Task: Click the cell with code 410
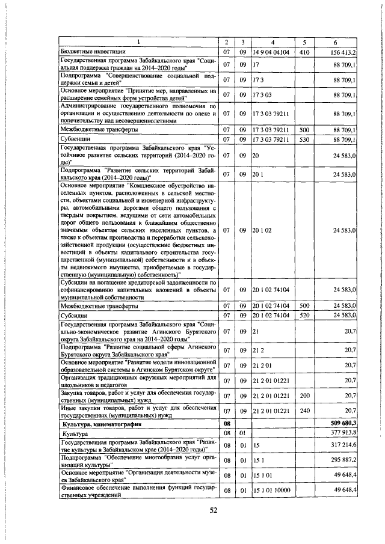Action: pos(304,52)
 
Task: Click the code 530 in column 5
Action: pos(304,139)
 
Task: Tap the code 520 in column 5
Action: pos(304,315)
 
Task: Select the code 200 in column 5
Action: pos(304,396)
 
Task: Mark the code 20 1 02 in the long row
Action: pos(263,230)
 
